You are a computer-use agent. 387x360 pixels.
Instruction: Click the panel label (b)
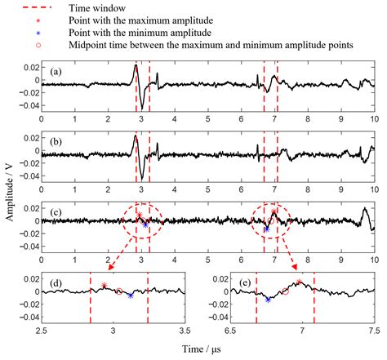tap(55, 142)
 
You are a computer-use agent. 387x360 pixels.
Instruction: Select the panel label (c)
tap(55, 212)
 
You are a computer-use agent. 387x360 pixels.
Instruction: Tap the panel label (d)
tap(55, 282)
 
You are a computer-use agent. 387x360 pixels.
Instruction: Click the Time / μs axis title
tap(207, 349)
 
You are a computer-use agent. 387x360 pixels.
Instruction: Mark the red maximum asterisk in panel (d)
tap(104, 286)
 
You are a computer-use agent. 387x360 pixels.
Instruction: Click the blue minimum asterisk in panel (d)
tap(131, 296)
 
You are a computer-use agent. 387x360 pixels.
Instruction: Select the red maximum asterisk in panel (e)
tap(299, 282)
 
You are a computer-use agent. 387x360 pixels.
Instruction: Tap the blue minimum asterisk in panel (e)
tap(268, 300)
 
